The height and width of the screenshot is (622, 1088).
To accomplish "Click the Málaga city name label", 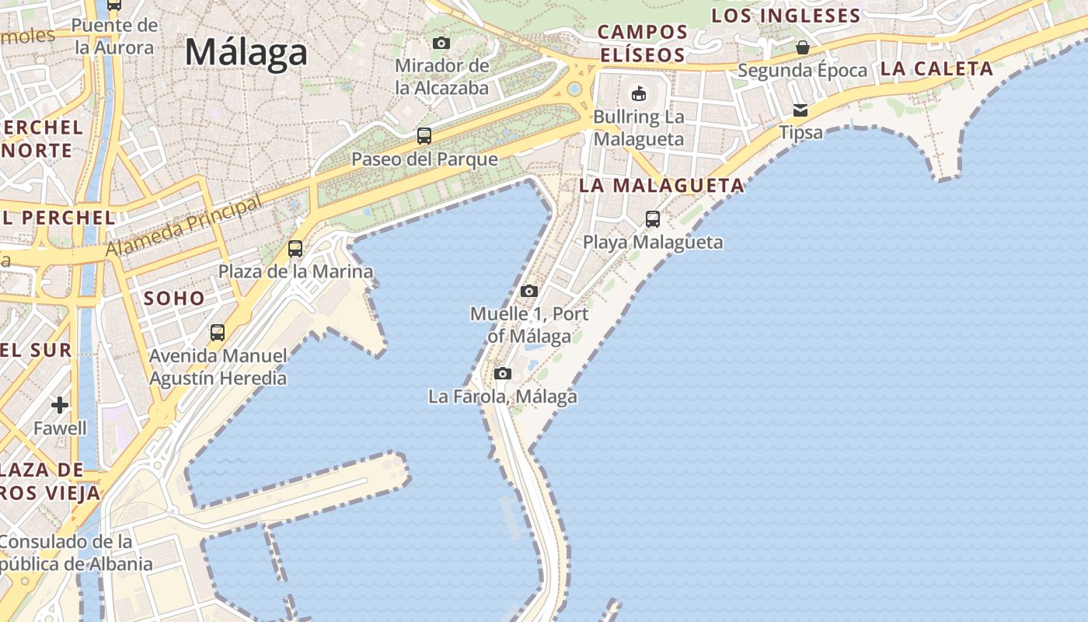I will click(x=246, y=53).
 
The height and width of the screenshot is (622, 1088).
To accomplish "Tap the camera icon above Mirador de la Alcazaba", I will click(x=441, y=43).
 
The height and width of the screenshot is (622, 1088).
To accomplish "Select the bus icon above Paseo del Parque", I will click(x=424, y=136).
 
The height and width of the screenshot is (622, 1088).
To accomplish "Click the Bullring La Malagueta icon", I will click(x=639, y=94).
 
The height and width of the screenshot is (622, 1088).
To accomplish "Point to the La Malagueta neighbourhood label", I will click(x=662, y=186).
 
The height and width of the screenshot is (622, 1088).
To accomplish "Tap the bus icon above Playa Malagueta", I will click(x=653, y=219).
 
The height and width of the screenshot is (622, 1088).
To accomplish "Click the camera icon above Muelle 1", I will click(x=529, y=291).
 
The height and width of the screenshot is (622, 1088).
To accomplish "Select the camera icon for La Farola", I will click(x=503, y=373).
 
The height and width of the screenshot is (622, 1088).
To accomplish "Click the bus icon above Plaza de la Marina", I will click(x=295, y=249).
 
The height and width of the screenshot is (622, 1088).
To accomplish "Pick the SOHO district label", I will click(x=174, y=299).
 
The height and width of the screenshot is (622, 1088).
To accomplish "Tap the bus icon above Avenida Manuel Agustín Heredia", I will click(x=218, y=333).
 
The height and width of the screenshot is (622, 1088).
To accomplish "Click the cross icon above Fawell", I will click(x=60, y=405).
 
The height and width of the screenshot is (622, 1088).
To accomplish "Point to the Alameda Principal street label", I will click(x=184, y=226).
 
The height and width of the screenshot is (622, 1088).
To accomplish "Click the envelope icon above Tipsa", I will click(x=800, y=110).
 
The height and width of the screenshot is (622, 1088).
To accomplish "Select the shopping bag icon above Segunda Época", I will click(x=803, y=47).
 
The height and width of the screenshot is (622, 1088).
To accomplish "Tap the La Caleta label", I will click(x=936, y=68).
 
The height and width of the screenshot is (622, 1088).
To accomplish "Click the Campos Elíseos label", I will click(x=643, y=44).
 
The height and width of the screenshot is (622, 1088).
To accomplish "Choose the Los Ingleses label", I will click(x=786, y=16).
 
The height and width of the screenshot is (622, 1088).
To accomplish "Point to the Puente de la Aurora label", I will click(x=114, y=37).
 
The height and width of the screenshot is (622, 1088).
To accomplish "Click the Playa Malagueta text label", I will click(x=653, y=242).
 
